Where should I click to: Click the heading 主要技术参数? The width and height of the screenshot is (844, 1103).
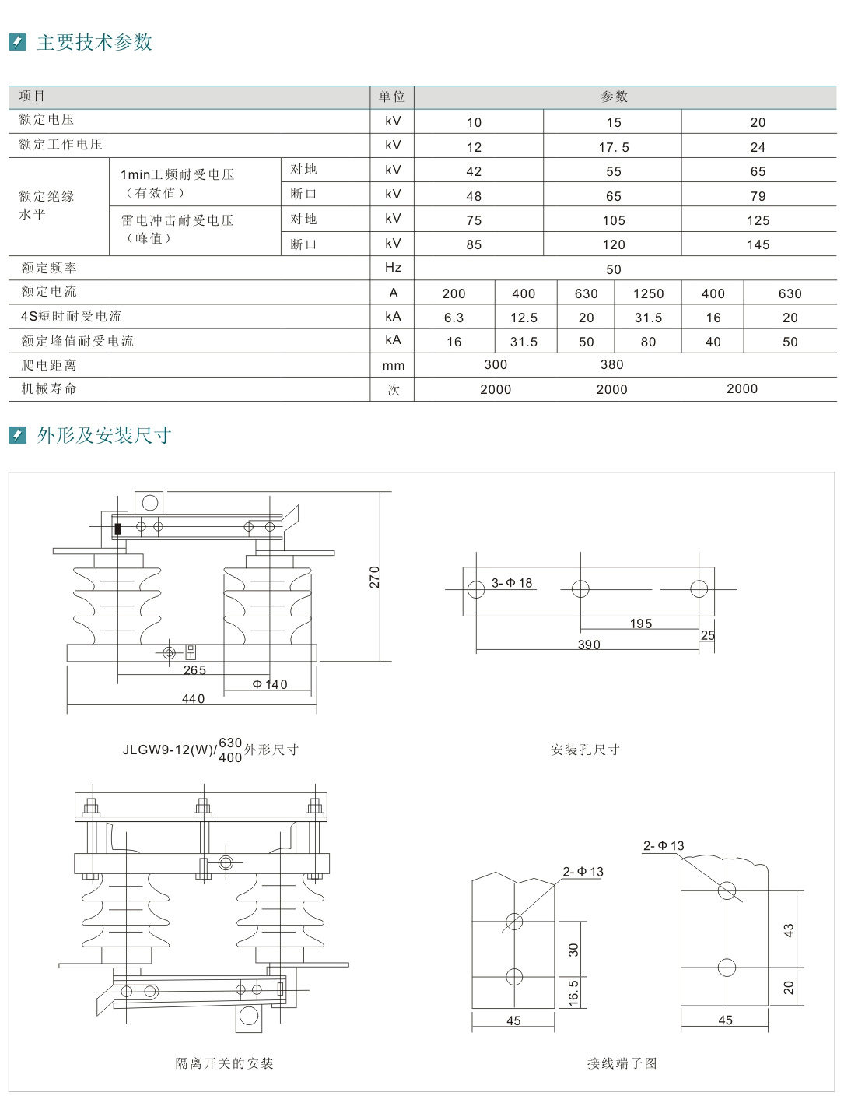(94, 42)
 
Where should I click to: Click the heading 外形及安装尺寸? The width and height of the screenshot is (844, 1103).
(103, 435)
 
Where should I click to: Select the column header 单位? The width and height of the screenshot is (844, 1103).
(392, 97)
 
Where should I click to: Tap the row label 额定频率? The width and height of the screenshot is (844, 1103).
(49, 268)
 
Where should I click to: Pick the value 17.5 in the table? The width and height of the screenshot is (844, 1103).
(614, 147)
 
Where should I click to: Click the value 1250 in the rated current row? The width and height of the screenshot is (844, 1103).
(648, 293)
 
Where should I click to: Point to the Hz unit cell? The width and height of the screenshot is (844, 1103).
(393, 268)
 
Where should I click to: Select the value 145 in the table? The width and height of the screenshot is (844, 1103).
(758, 245)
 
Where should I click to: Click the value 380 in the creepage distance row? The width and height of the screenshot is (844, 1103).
(611, 364)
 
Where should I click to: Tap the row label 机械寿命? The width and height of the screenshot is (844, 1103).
(49, 388)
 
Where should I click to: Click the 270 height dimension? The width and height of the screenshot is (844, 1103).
(375, 577)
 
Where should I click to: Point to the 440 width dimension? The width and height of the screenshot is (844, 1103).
(193, 699)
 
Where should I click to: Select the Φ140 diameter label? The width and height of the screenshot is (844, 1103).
(270, 684)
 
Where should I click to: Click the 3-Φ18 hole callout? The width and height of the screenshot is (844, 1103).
(512, 583)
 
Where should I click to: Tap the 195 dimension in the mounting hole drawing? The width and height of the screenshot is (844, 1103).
(641, 624)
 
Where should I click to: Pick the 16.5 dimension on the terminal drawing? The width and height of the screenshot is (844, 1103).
(573, 992)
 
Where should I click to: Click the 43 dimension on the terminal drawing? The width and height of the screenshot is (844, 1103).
(788, 930)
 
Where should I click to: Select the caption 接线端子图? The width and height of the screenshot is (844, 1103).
(622, 1063)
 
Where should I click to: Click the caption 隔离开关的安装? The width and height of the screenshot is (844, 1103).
(224, 1063)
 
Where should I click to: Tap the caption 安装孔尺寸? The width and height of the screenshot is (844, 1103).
(585, 750)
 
